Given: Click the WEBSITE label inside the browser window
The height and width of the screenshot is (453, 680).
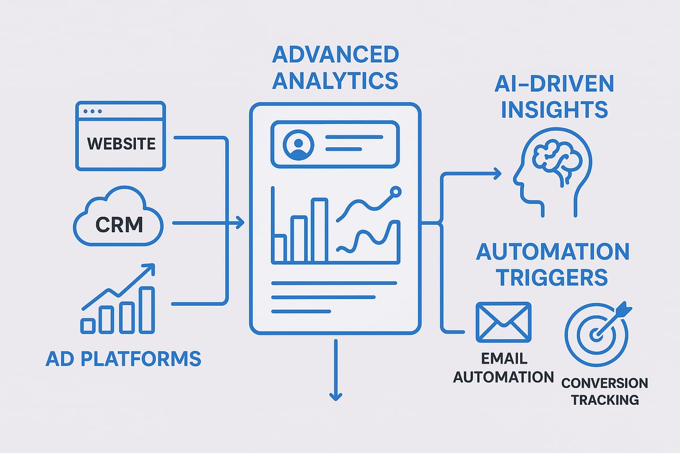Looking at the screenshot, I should (x=121, y=143).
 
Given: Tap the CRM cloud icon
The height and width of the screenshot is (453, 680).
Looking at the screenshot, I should (x=118, y=223).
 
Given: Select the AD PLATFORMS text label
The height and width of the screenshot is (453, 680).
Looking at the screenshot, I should (x=123, y=358).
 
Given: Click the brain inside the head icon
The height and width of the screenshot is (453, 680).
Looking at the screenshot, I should (x=549, y=156).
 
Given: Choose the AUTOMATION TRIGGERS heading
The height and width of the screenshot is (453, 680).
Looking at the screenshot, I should (x=552, y=264).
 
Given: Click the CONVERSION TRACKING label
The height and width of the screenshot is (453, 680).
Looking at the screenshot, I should (x=604, y=391).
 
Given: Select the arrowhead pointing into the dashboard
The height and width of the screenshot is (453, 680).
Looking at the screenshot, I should (x=240, y=223).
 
